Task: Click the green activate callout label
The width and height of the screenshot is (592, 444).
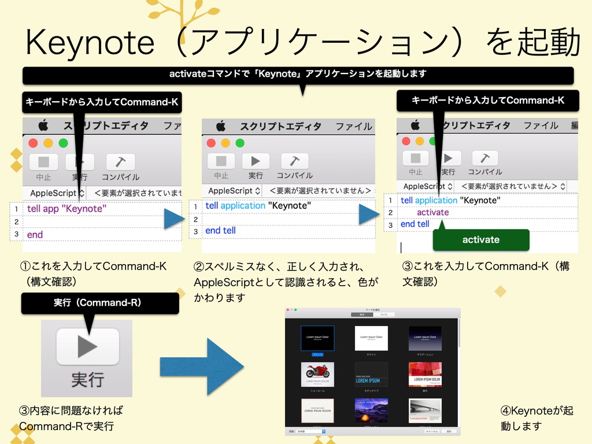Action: coord(481,239)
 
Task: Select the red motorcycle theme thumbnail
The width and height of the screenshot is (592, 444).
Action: coord(317,375)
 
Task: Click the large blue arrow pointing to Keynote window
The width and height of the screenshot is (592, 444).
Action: coord(202,367)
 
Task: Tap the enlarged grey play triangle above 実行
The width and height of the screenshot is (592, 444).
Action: coord(88,346)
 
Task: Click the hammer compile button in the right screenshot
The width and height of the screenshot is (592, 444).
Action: coord(485,158)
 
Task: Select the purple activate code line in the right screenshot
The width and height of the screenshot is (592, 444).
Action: coord(432,212)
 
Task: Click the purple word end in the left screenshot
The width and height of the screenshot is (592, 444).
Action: coord(35,235)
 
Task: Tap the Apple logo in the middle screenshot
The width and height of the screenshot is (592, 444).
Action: coord(220,126)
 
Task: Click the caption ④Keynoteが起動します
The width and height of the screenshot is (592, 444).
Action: coord(537,418)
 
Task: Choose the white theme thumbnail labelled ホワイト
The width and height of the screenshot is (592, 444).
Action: coord(371,338)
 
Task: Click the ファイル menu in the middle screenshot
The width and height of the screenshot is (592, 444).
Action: coord(353,126)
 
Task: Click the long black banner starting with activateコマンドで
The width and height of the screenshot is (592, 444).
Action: coord(298,74)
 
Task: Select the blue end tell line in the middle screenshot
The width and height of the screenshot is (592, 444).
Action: coord(221,230)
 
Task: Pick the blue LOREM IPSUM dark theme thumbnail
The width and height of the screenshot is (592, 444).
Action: coord(371,375)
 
